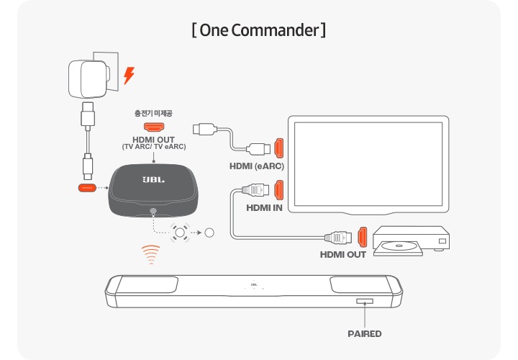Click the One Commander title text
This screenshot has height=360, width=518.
[x=259, y=31]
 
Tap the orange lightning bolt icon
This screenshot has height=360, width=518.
[x=129, y=75]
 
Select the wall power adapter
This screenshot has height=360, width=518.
[x=87, y=76]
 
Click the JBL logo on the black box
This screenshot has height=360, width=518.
[x=153, y=179]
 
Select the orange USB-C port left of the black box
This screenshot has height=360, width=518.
[x=86, y=189]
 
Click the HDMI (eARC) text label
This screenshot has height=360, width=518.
[x=256, y=166]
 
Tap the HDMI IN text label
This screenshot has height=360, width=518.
[x=264, y=209]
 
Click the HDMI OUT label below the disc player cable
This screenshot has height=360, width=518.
[x=343, y=254]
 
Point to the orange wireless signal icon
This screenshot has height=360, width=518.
[x=150, y=253]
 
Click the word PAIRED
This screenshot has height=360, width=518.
[x=364, y=333]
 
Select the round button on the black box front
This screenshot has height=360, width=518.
[x=153, y=212]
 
